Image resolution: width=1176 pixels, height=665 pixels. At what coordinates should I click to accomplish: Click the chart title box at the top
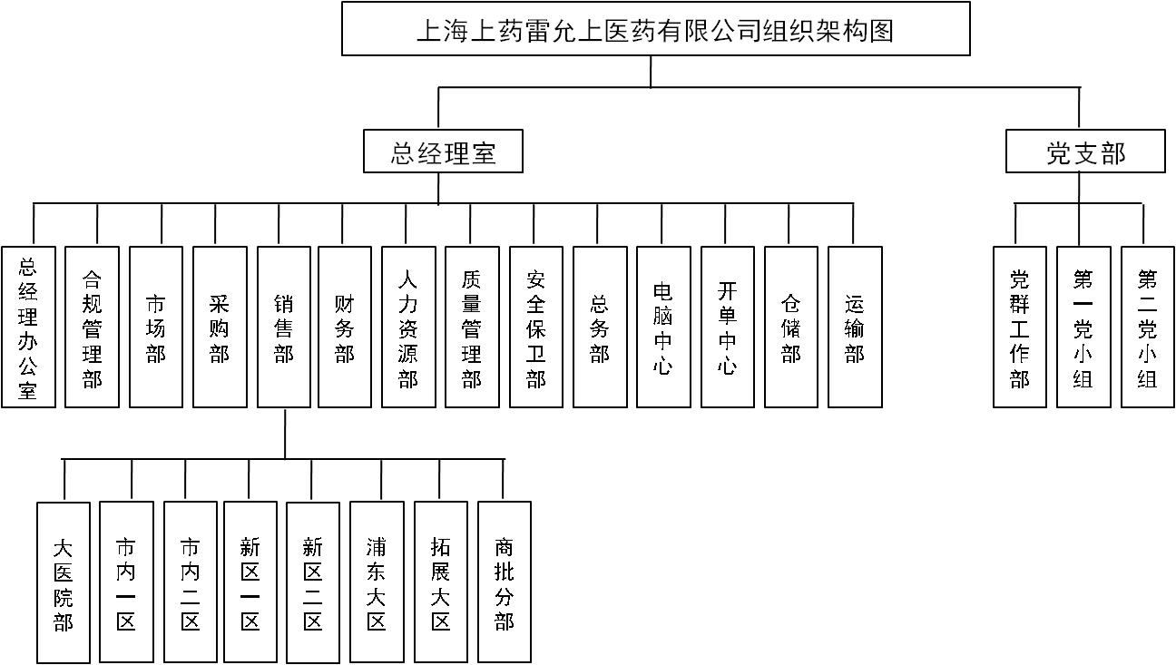point(655,29)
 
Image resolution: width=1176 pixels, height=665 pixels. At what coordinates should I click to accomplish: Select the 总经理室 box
point(443,152)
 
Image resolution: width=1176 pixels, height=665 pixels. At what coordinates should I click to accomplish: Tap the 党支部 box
point(1084,152)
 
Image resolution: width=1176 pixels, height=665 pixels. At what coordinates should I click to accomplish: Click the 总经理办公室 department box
point(28,327)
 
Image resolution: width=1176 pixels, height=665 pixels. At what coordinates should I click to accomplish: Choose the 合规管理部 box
point(92,327)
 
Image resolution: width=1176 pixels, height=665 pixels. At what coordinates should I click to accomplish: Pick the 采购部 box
point(220,327)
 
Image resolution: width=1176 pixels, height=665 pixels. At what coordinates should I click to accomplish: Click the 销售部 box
point(284,327)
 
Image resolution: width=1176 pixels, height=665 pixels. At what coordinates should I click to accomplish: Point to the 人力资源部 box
point(408,327)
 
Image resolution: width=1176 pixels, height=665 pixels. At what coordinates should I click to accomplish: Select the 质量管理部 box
point(472,327)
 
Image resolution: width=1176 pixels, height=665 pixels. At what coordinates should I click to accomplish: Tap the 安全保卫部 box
point(536,327)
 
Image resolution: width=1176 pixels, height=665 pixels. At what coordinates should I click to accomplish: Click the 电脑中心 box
point(663,327)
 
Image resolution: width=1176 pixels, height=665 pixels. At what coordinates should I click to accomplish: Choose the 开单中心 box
point(727,327)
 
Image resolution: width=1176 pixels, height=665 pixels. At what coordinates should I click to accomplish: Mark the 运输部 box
point(855,327)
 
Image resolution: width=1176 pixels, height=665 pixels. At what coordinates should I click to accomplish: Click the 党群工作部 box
point(1019,327)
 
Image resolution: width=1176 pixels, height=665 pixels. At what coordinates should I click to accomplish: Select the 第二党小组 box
point(1147,327)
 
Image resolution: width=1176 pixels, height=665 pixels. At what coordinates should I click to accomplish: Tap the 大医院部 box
point(64,582)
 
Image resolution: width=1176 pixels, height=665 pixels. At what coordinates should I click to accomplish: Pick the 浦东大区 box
point(377,582)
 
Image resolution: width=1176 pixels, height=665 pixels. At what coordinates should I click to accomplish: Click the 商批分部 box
point(504,582)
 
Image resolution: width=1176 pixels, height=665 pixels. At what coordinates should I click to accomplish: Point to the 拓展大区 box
point(441,582)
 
